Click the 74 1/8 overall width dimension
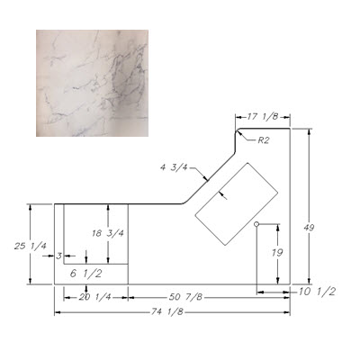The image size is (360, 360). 167,312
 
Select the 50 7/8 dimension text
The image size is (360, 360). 185,297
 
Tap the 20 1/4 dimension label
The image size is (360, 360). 94,297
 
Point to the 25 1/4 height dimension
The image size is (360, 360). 31,246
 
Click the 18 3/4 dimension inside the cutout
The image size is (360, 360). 108,233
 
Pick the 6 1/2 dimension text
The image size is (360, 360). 86,274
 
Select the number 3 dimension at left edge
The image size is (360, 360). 59,256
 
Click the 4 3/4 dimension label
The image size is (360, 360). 174,167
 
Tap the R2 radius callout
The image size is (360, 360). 263,140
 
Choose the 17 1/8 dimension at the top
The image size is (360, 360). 263,117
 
